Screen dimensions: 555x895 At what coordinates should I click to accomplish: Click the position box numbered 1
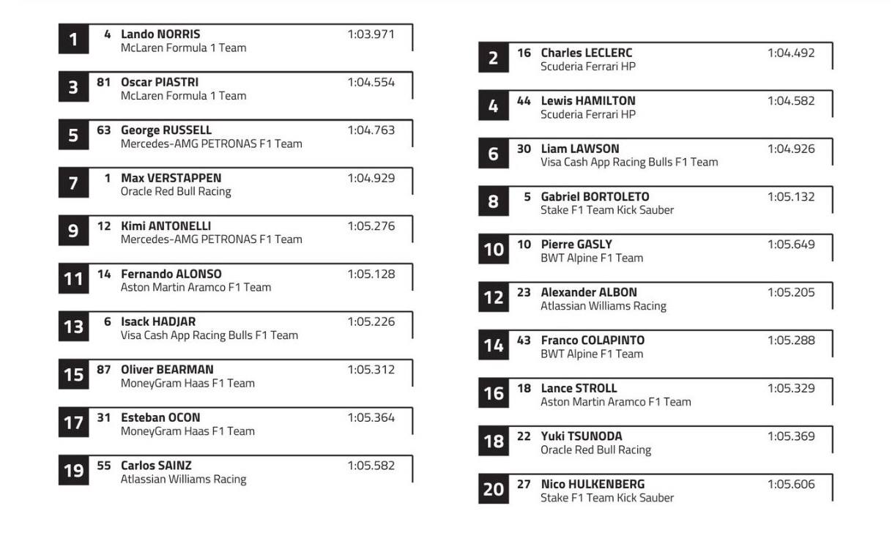click(x=73, y=40)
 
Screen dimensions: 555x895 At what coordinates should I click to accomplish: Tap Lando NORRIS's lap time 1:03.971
click(x=371, y=34)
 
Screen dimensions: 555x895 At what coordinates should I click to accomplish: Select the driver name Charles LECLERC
click(x=586, y=53)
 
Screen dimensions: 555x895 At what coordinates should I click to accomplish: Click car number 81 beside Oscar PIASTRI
click(x=103, y=82)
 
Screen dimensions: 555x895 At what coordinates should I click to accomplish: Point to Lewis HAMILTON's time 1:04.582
click(x=791, y=101)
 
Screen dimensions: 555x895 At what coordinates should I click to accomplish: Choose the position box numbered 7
click(x=73, y=183)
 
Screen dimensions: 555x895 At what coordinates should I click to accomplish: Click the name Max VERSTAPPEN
click(x=171, y=178)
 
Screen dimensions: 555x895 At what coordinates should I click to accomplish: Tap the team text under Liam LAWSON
click(x=629, y=162)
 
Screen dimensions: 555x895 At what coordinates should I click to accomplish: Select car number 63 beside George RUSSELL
click(x=104, y=130)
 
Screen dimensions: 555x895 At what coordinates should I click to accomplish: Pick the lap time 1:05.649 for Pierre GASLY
click(x=791, y=245)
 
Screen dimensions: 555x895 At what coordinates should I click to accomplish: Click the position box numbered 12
click(x=494, y=297)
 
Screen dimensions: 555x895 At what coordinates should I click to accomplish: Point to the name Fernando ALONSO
click(x=171, y=274)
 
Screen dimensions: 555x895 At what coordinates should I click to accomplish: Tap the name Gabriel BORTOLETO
click(x=595, y=196)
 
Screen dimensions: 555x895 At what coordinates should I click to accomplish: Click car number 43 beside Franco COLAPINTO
click(x=524, y=340)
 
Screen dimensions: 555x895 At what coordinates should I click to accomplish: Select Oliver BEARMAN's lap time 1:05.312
click(x=371, y=370)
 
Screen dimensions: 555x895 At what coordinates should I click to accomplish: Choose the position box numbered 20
click(x=494, y=488)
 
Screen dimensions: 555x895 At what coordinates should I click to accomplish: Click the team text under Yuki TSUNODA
click(x=595, y=450)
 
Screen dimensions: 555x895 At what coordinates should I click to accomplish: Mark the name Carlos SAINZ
click(x=156, y=466)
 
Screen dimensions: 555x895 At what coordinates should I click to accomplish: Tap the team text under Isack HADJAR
click(x=209, y=335)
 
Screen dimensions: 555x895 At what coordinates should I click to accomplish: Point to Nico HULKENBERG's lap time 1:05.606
click(x=791, y=484)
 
